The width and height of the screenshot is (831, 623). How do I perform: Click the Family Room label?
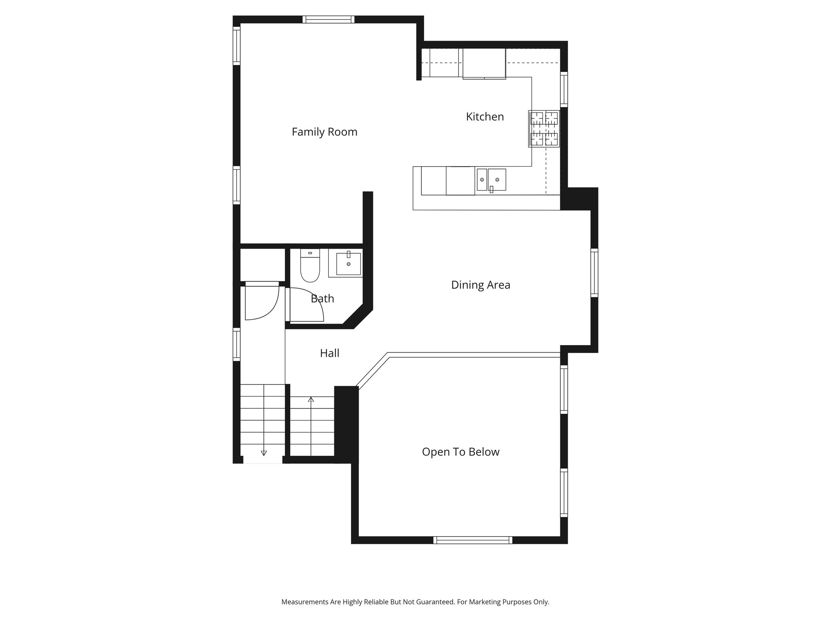click(x=324, y=132)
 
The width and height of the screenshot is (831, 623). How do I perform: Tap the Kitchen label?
click(x=484, y=117)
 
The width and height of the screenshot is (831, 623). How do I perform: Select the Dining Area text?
click(x=480, y=285)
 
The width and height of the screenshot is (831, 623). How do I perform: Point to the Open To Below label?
click(x=461, y=452)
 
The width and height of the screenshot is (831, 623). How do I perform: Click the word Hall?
click(x=329, y=353)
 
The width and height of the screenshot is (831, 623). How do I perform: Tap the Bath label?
click(x=322, y=299)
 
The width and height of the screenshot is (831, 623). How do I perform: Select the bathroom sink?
click(x=349, y=264)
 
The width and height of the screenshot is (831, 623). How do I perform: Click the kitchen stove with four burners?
click(x=544, y=129)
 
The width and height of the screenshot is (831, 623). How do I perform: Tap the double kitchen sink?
click(x=491, y=180)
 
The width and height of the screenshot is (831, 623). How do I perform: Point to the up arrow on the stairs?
click(x=311, y=400)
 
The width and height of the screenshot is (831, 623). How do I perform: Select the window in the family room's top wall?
click(x=328, y=19)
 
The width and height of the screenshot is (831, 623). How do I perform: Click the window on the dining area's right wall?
click(x=594, y=273)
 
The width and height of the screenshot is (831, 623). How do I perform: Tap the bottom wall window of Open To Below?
click(x=473, y=540)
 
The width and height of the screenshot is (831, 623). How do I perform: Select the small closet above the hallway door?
click(x=263, y=265)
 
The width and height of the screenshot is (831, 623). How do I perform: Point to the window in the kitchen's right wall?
click(x=564, y=89)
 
